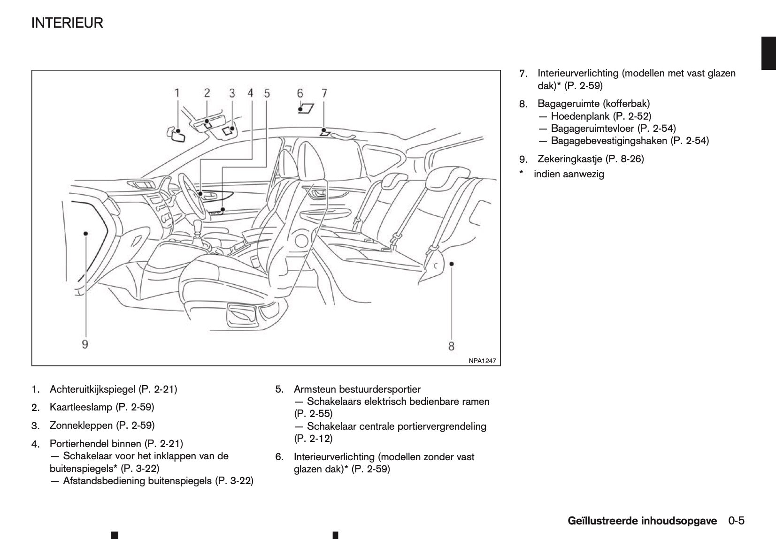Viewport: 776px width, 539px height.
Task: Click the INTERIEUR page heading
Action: pyautogui.click(x=67, y=23)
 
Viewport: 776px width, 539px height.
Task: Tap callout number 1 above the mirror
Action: pyautogui.click(x=177, y=93)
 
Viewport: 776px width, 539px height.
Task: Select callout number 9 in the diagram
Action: pyautogui.click(x=85, y=344)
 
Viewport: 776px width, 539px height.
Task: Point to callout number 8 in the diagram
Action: pyautogui.click(x=451, y=346)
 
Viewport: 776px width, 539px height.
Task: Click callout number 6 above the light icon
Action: pyautogui.click(x=300, y=93)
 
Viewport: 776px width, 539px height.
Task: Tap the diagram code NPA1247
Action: pyautogui.click(x=482, y=361)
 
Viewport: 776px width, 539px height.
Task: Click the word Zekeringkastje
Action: pyautogui.click(x=570, y=159)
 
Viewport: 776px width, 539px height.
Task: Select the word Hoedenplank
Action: pyautogui.click(x=580, y=116)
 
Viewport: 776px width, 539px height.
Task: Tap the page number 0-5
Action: pyautogui.click(x=737, y=521)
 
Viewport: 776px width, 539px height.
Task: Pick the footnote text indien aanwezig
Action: pyautogui.click(x=569, y=174)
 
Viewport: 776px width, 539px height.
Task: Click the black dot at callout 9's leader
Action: pyautogui.click(x=85, y=233)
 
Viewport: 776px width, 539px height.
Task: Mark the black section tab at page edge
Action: pyautogui.click(x=768, y=53)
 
